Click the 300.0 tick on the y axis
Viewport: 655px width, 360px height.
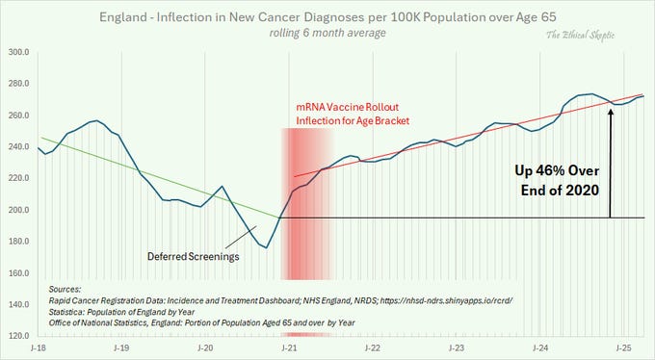pos(19,51)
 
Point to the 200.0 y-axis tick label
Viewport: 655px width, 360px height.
pos(19,210)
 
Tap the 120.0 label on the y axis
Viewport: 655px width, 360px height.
pos(19,336)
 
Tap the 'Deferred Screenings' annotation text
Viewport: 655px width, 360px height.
pos(191,257)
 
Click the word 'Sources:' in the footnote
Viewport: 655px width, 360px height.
pos(65,287)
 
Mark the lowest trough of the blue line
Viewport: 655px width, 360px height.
pos(267,247)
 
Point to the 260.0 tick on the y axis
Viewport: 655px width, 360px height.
pos(19,115)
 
